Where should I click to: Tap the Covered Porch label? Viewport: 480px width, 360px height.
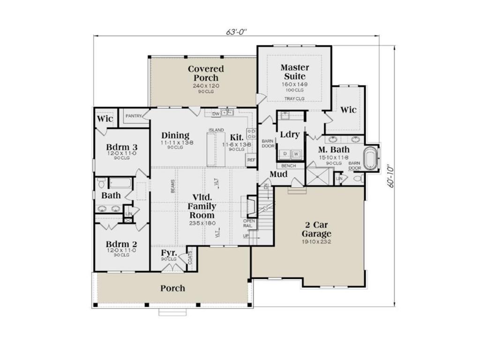point(206,73)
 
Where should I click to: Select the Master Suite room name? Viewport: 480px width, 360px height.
point(294,72)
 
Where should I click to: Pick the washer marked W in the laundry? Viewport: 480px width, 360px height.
point(297,154)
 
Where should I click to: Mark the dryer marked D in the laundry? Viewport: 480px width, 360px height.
point(285,154)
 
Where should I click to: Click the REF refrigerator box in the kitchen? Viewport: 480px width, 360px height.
point(251,160)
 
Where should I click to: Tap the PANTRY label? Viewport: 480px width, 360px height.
point(134,116)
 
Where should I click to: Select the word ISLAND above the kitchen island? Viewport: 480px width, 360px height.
point(217,130)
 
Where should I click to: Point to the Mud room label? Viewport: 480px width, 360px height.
point(278,175)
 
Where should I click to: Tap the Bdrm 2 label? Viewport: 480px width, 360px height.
point(121,244)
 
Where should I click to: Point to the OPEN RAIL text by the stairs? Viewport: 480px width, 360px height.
point(248,223)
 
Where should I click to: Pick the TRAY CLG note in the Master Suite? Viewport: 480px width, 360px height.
point(295,99)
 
